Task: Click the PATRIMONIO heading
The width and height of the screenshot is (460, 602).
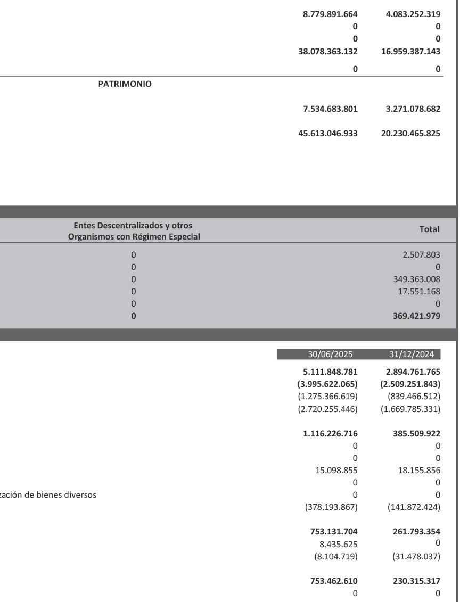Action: pos(125,84)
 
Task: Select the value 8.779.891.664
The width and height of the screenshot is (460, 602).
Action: pos(330,14)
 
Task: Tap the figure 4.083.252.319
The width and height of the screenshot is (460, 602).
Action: pos(413,14)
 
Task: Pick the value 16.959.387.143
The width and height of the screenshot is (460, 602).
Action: pos(410,52)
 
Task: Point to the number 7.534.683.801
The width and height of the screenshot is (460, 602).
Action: pos(330,109)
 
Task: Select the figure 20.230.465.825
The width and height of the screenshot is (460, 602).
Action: pos(410,133)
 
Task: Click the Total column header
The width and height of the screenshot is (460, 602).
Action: pos(429,229)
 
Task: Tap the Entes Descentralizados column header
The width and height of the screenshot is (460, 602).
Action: pos(134,231)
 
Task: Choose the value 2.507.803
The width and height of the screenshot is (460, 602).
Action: pos(421,255)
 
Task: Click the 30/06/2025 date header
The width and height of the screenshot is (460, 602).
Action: pos(330,354)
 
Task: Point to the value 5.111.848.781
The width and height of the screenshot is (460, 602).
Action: pos(330,372)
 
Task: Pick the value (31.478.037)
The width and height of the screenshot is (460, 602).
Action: pos(414,556)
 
